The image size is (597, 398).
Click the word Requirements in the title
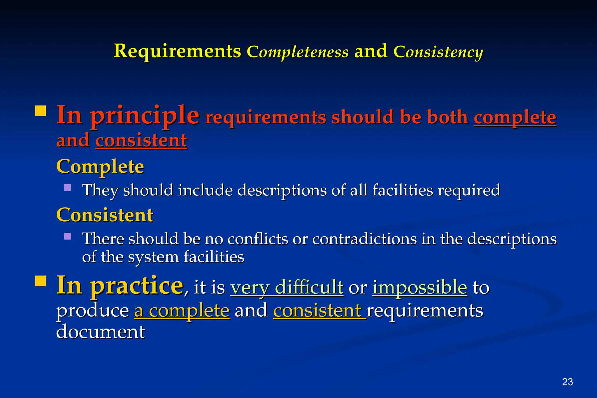coord(177,51)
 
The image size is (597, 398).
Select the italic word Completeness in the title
coord(297,52)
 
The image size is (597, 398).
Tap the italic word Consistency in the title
coord(438,52)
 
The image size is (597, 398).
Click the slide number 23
coord(567,382)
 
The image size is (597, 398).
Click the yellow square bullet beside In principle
coord(41,111)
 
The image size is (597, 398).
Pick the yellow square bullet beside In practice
coord(41,281)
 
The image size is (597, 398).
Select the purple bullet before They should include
coord(68,187)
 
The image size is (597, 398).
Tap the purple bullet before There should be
coord(68,236)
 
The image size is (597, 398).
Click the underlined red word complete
coord(515,117)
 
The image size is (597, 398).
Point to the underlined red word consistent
coord(141,140)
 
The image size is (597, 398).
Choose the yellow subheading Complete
coord(100,166)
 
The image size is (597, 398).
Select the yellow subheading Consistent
coord(105,215)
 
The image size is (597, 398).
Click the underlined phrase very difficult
coord(287,287)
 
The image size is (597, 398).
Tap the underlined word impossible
coord(420,287)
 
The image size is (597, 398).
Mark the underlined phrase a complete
coord(182,310)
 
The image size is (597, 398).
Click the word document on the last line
coord(100,332)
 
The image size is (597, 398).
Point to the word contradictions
coord(364,239)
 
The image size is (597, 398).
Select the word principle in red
coord(145,115)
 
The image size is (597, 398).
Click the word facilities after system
coord(214,257)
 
